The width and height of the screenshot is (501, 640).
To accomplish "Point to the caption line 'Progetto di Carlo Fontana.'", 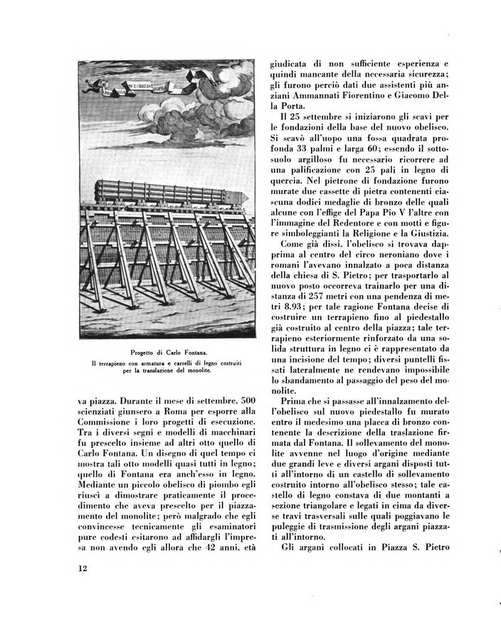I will click(169, 353).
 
